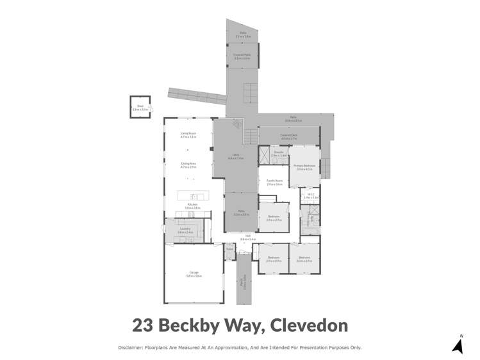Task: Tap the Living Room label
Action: point(188,135)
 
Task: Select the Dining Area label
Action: point(188,165)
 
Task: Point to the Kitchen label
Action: point(192,206)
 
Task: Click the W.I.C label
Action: point(310,197)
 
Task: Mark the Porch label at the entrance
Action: point(242,282)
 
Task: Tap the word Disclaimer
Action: point(131,347)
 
